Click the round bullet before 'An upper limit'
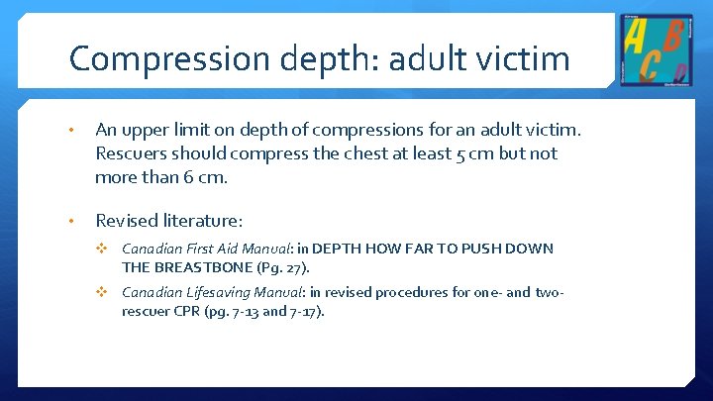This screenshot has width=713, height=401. click(x=73, y=130)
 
